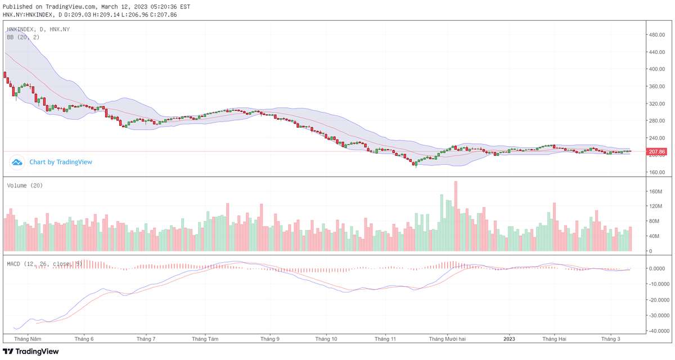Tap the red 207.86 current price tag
click(x=657, y=152)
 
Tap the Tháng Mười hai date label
click(x=447, y=339)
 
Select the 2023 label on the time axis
click(x=509, y=339)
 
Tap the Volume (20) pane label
click(x=25, y=186)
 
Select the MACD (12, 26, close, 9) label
click(x=45, y=263)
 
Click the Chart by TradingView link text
click(x=61, y=162)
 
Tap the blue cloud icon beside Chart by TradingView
click(x=17, y=162)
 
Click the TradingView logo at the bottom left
click(x=31, y=352)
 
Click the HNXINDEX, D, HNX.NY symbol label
click(x=38, y=29)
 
